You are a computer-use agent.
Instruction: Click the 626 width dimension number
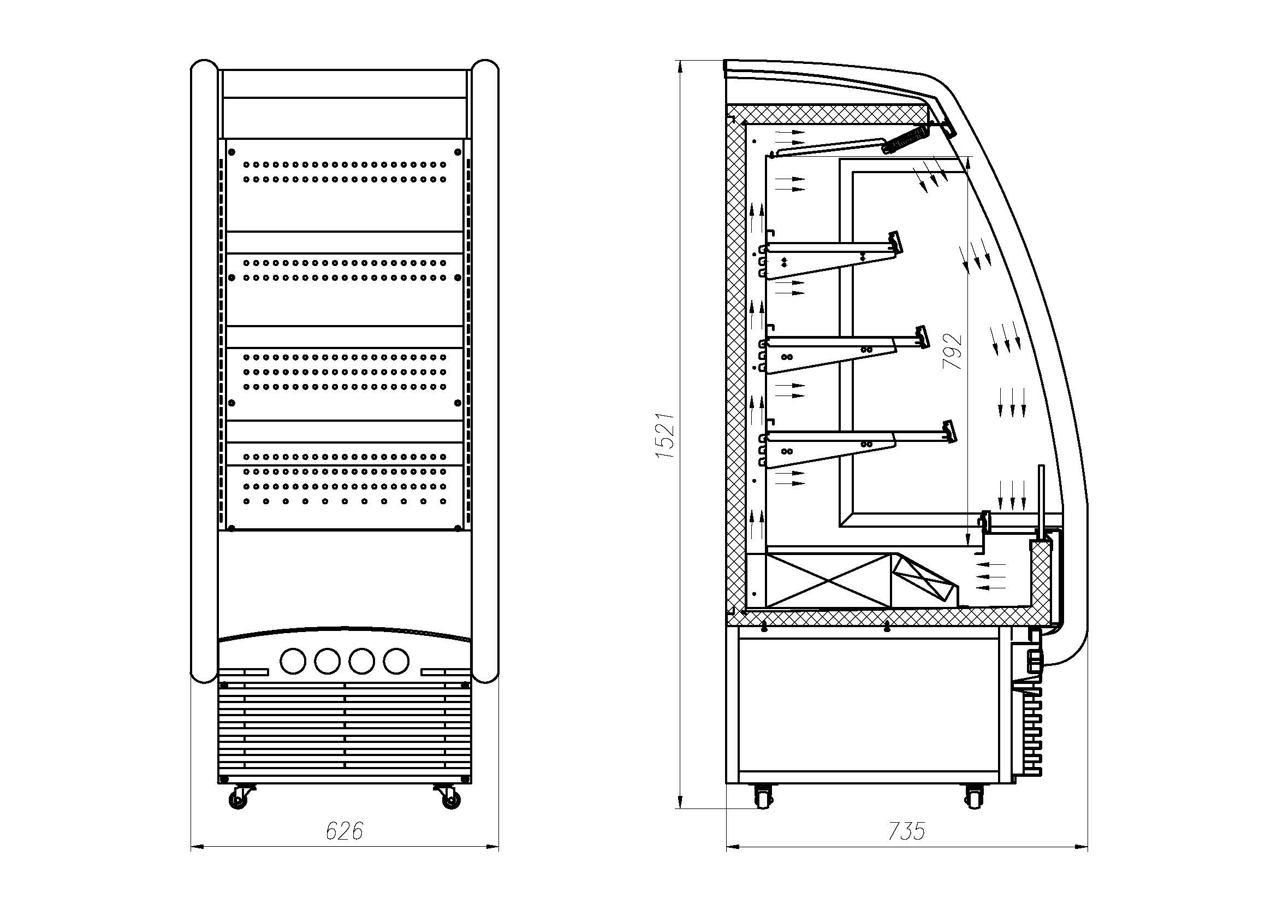click(x=344, y=831)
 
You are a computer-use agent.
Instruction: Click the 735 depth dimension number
click(x=906, y=831)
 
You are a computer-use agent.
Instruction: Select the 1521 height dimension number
click(x=666, y=435)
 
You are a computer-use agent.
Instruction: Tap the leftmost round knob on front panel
click(x=293, y=660)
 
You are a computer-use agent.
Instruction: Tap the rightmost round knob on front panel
click(x=395, y=660)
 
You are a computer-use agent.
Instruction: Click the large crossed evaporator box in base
click(x=829, y=580)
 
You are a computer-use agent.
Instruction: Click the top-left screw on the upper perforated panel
click(x=232, y=151)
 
